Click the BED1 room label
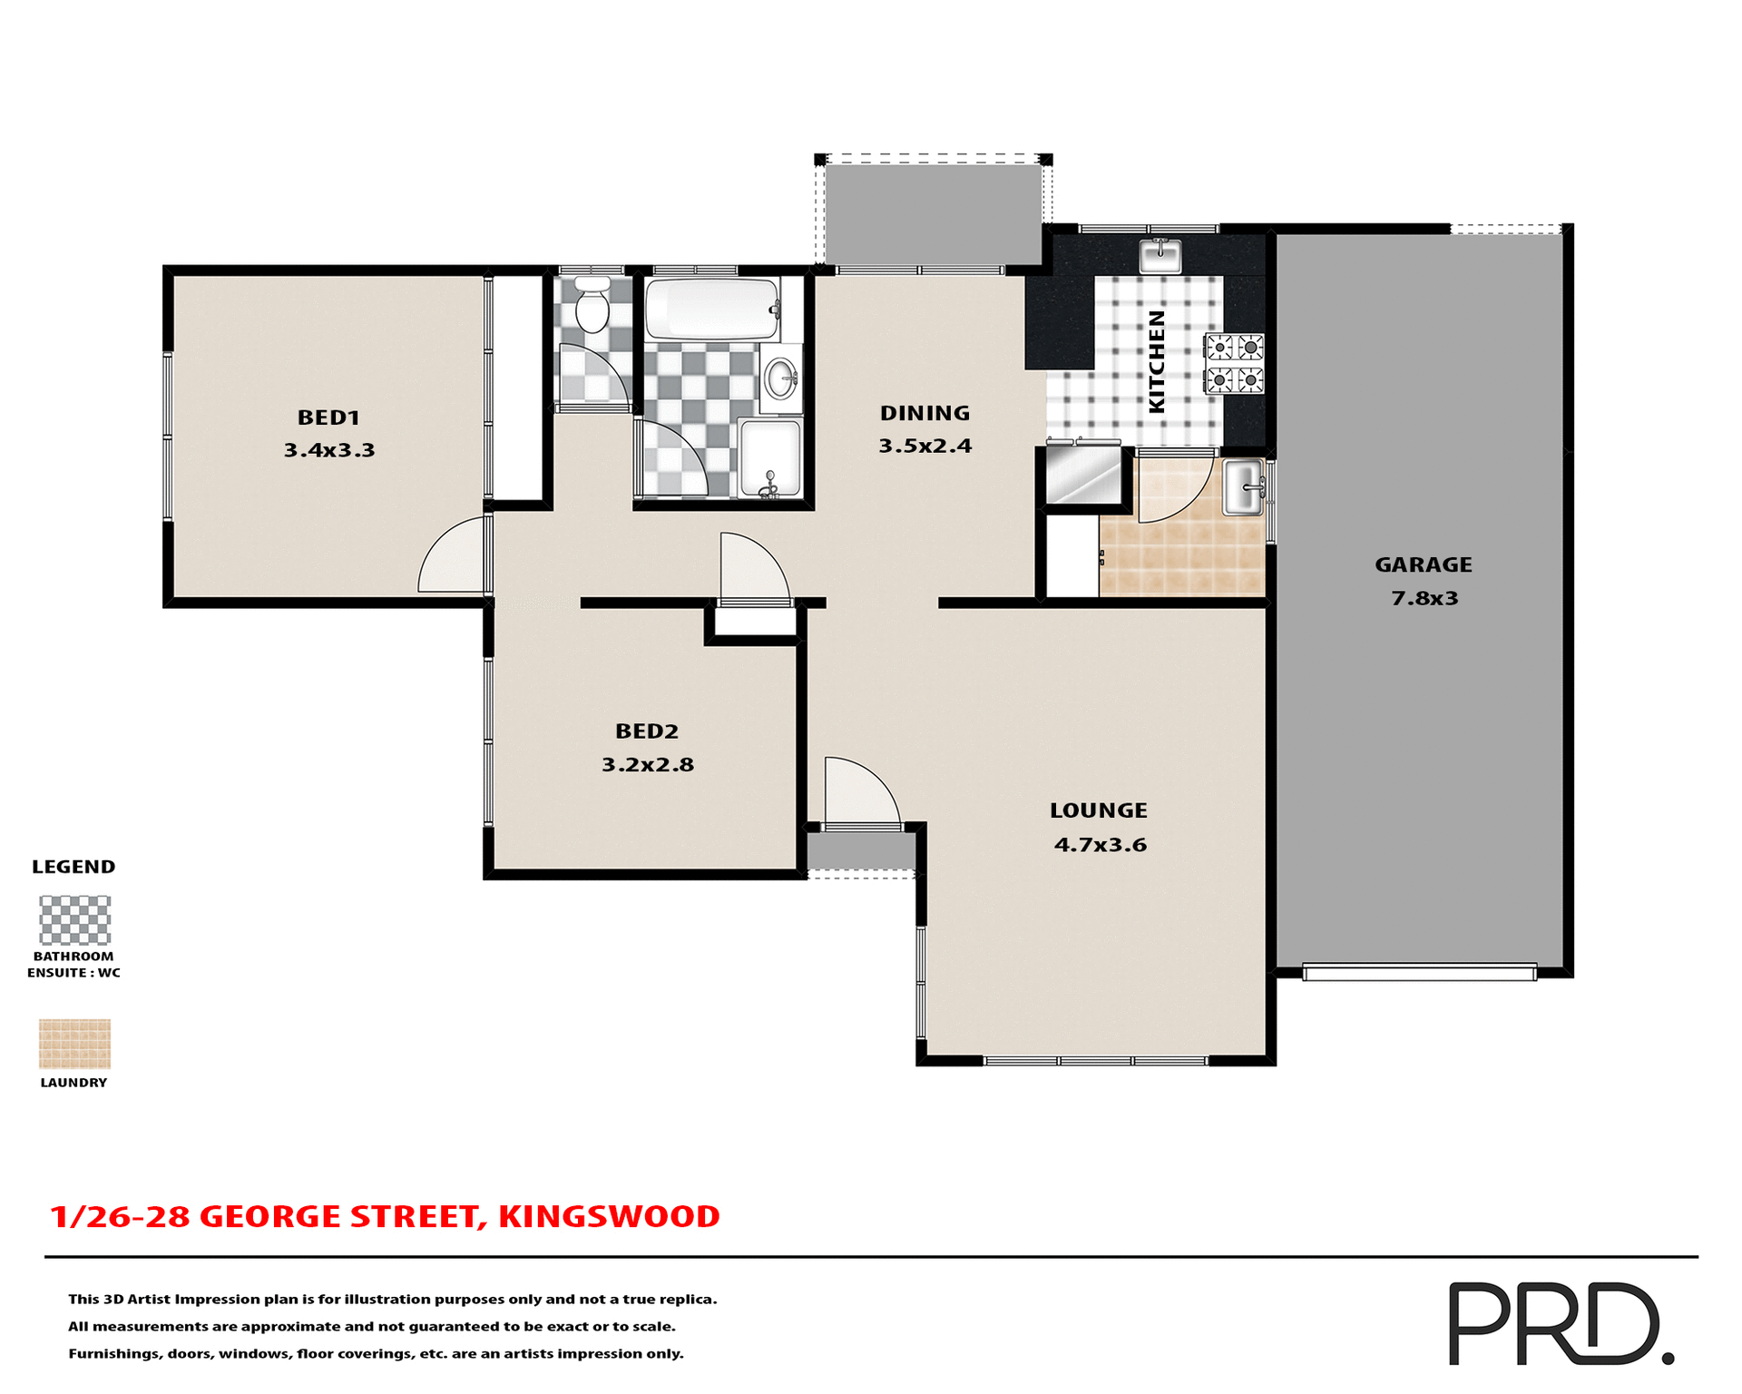(328, 417)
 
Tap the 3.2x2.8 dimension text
(647, 764)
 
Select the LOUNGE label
(1098, 810)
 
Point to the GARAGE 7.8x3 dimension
(1424, 598)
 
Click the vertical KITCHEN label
(1156, 361)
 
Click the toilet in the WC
(592, 305)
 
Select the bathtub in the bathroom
(711, 309)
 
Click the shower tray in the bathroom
(769, 457)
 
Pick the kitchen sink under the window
(1160, 256)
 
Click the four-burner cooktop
(1234, 363)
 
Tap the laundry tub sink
(1243, 487)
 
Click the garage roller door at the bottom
(1419, 972)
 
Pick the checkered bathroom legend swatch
(74, 919)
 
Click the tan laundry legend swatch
(74, 1044)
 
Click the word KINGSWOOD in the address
(608, 1216)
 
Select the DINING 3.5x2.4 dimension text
(925, 446)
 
